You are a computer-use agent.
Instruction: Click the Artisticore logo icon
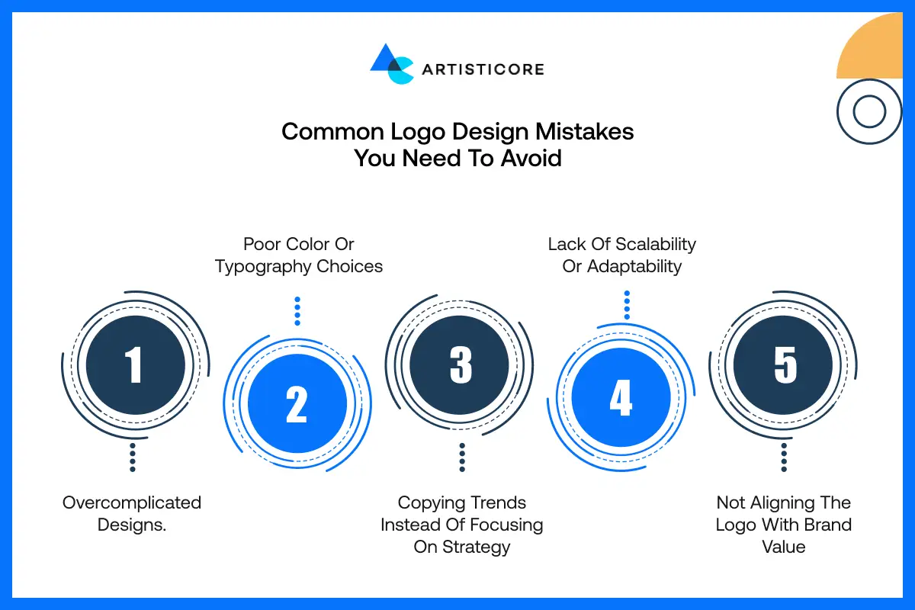click(x=392, y=64)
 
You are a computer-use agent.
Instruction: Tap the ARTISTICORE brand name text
click(x=483, y=69)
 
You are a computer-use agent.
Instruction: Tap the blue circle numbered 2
click(x=297, y=404)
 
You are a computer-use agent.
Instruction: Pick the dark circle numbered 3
click(x=460, y=364)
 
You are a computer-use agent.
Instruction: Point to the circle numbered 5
click(x=783, y=364)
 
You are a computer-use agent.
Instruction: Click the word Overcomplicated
click(x=132, y=502)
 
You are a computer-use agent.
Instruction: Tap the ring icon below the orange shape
click(x=869, y=112)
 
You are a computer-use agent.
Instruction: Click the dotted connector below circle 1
click(x=133, y=457)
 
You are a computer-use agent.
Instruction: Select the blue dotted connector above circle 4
click(x=627, y=305)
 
